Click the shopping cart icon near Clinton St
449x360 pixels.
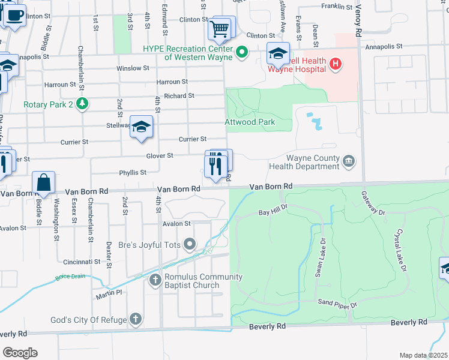coord(220,28)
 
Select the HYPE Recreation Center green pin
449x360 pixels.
coord(242,52)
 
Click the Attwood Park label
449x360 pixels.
coord(250,122)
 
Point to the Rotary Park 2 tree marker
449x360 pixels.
coord(82,104)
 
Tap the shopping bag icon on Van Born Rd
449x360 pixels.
coord(44,182)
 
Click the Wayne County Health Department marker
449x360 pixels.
coord(349,161)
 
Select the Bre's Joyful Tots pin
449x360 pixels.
coord(190,244)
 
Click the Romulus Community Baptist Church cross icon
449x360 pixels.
coord(155,280)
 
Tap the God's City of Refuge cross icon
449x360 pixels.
coord(136,319)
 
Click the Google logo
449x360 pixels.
coord(19,353)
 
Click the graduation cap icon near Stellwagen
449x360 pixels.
coord(141,127)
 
